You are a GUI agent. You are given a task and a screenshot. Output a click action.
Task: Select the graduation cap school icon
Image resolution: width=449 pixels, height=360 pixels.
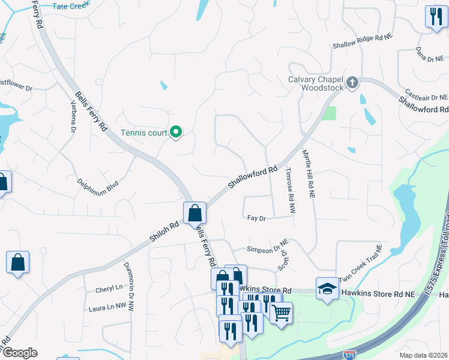click(326, 289)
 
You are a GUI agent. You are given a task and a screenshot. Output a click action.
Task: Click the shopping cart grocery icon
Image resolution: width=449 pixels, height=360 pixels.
click(281, 313)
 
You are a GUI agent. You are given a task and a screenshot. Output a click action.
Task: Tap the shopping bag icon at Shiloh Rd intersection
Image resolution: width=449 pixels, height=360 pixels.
click(195, 213)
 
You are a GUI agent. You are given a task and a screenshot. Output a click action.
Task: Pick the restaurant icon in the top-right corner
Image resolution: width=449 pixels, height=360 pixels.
click(434, 16)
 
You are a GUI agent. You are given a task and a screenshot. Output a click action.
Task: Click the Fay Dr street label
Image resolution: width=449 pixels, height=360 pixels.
click(256, 218)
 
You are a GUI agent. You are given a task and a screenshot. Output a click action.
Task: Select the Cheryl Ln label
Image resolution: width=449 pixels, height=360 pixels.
click(109, 289)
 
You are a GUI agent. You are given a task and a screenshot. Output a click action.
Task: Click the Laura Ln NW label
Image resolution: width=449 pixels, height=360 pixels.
click(107, 307)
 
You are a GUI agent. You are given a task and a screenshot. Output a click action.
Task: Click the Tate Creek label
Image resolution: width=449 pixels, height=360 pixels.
click(71, 6)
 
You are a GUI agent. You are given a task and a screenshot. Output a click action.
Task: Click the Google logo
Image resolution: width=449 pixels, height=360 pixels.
click(19, 353)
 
